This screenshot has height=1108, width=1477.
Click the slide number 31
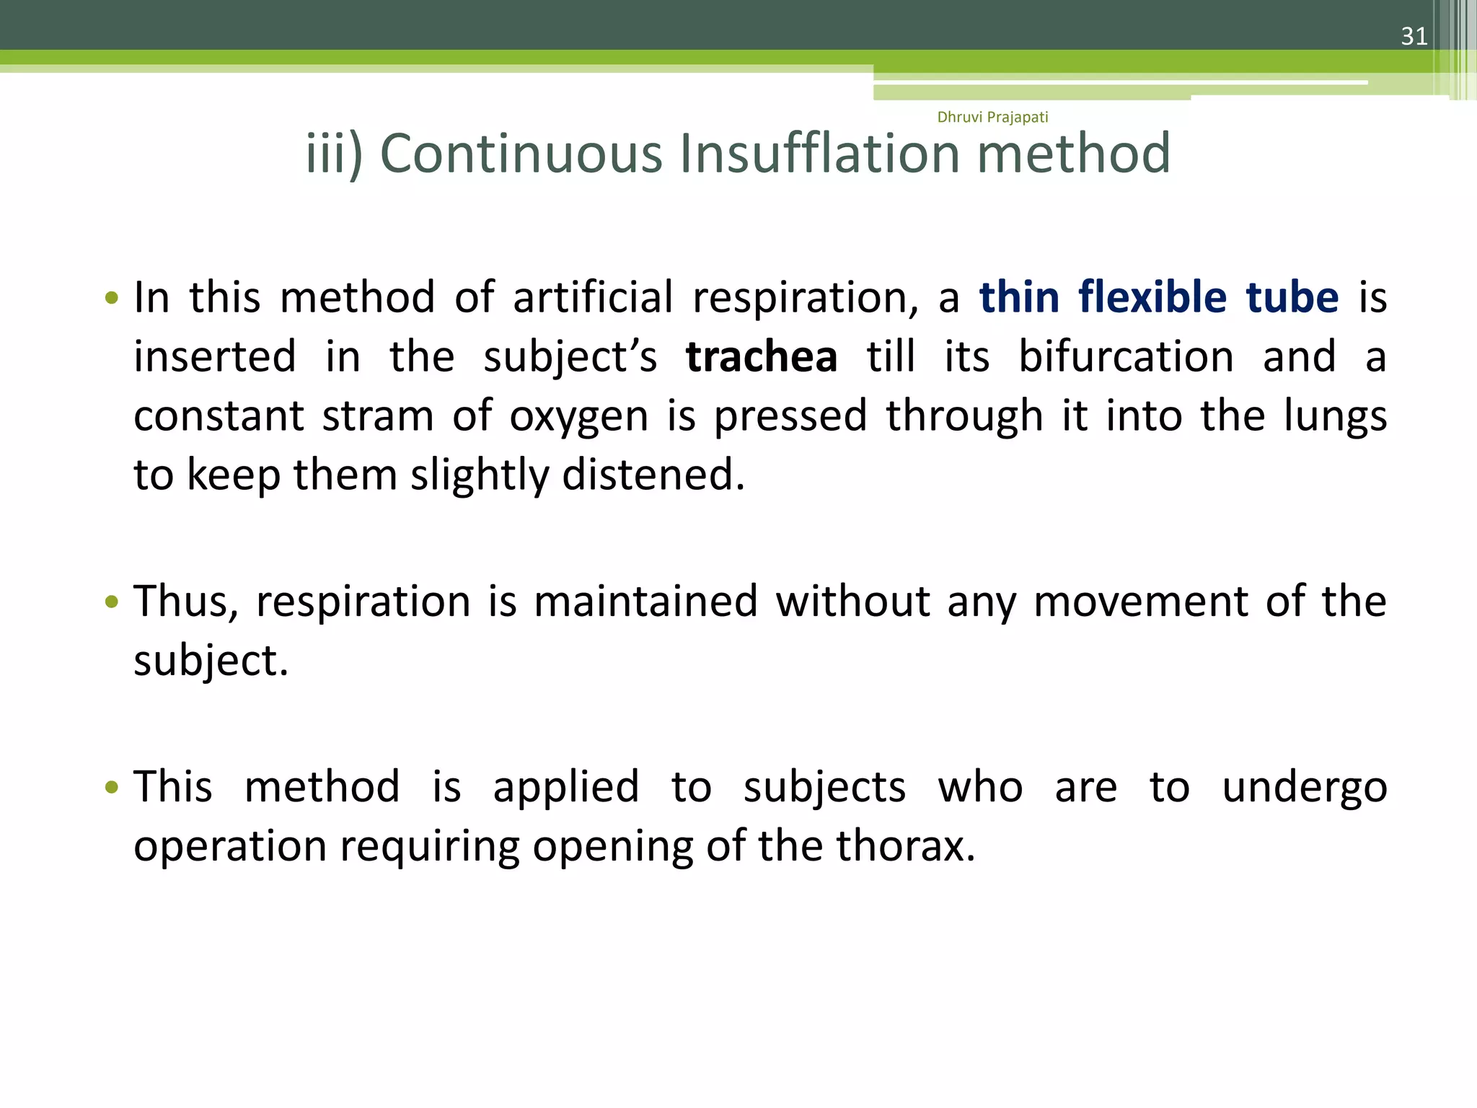click(1414, 36)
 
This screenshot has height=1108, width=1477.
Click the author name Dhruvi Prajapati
click(992, 117)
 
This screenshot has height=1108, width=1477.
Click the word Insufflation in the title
click(820, 154)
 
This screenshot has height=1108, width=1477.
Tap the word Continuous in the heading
click(521, 154)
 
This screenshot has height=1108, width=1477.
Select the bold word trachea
click(762, 357)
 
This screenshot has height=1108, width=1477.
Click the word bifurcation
click(1126, 357)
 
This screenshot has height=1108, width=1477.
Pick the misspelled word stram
click(377, 416)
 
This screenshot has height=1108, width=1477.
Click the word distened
click(653, 475)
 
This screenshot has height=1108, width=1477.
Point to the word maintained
click(645, 602)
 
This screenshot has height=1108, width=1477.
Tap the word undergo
click(1304, 788)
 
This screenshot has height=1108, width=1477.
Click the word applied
click(566, 788)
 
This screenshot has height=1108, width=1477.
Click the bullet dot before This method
click(111, 787)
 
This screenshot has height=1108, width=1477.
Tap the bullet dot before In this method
click(111, 298)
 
